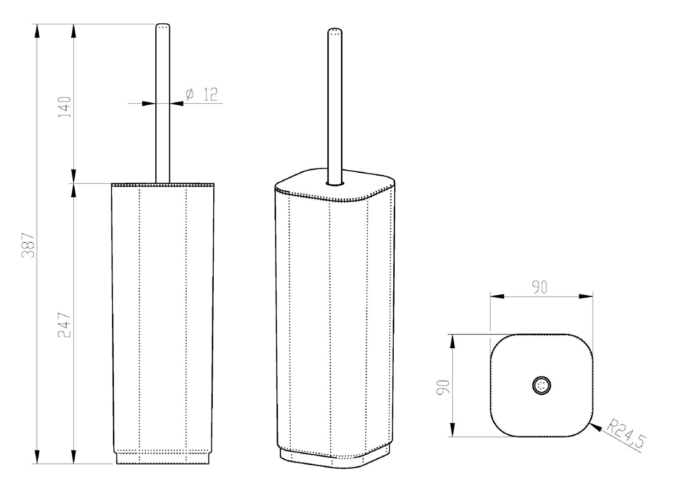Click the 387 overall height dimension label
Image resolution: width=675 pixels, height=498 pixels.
(28, 245)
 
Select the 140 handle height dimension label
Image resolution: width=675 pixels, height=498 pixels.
(64, 107)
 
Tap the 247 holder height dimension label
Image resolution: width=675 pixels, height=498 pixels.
(64, 325)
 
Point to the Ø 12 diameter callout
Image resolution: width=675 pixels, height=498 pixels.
(202, 94)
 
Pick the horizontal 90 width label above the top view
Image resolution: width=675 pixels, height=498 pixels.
(539, 287)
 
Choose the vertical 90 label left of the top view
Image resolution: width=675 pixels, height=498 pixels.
(443, 387)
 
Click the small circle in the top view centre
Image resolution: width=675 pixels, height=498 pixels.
(541, 386)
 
